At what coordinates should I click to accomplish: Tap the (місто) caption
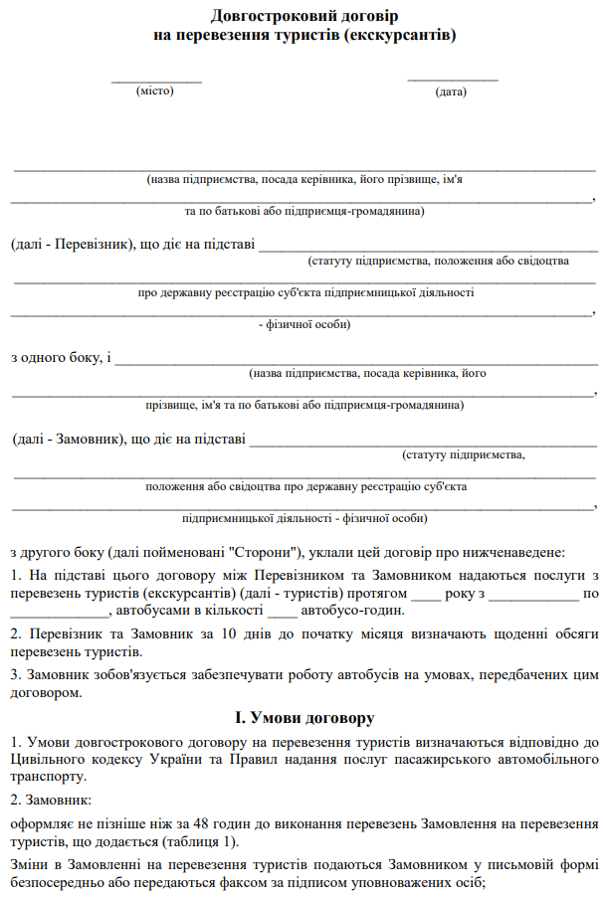pos(155,90)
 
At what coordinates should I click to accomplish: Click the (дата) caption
pos(451,91)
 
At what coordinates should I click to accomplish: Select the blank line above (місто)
pos(156,80)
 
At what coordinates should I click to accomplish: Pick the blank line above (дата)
pos(453,79)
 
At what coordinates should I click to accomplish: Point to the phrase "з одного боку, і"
pos(61,357)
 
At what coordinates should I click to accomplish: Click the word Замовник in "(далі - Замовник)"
pos(87,439)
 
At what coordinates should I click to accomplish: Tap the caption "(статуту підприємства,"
pos(463,454)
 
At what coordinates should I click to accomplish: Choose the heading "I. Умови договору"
pos(304,717)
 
